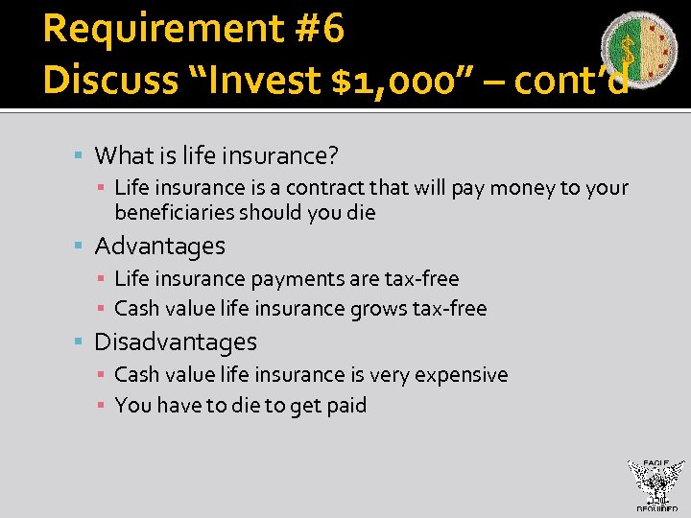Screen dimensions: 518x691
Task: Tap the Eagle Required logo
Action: pos(655,484)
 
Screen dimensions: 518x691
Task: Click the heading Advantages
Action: pos(159,247)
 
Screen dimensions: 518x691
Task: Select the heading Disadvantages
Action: pos(176,342)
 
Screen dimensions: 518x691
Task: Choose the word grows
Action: pos(376,309)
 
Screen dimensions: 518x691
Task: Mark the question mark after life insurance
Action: pos(333,155)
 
